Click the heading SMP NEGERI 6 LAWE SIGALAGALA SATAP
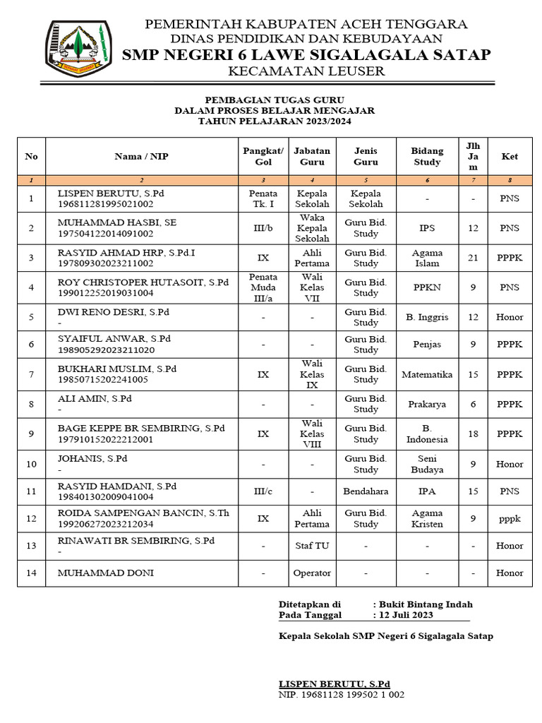click(x=306, y=55)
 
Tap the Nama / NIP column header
click(x=142, y=156)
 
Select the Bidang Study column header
click(x=427, y=156)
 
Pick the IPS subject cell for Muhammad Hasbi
click(x=427, y=228)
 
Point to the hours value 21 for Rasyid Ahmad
click(x=473, y=258)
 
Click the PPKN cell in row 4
click(x=427, y=287)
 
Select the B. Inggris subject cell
click(x=427, y=317)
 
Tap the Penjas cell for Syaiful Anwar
click(x=427, y=344)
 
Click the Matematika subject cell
click(x=427, y=374)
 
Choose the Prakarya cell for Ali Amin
click(x=427, y=405)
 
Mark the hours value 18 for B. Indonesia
click(x=473, y=434)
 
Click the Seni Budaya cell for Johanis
click(x=427, y=464)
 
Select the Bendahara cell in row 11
click(x=366, y=491)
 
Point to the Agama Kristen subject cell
click(x=427, y=518)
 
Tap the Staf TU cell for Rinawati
click(x=312, y=546)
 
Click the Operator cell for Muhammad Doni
click(x=312, y=573)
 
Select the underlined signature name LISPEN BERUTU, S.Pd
click(x=335, y=684)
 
